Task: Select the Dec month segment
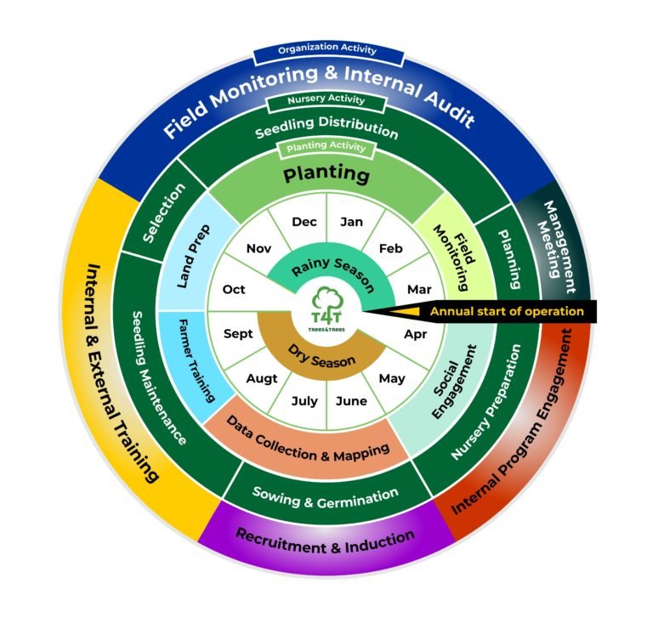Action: pos(304,222)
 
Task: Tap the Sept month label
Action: pos(238,334)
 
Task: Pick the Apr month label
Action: pos(415,334)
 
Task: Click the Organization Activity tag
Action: pos(327,51)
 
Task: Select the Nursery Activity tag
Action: pos(327,99)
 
